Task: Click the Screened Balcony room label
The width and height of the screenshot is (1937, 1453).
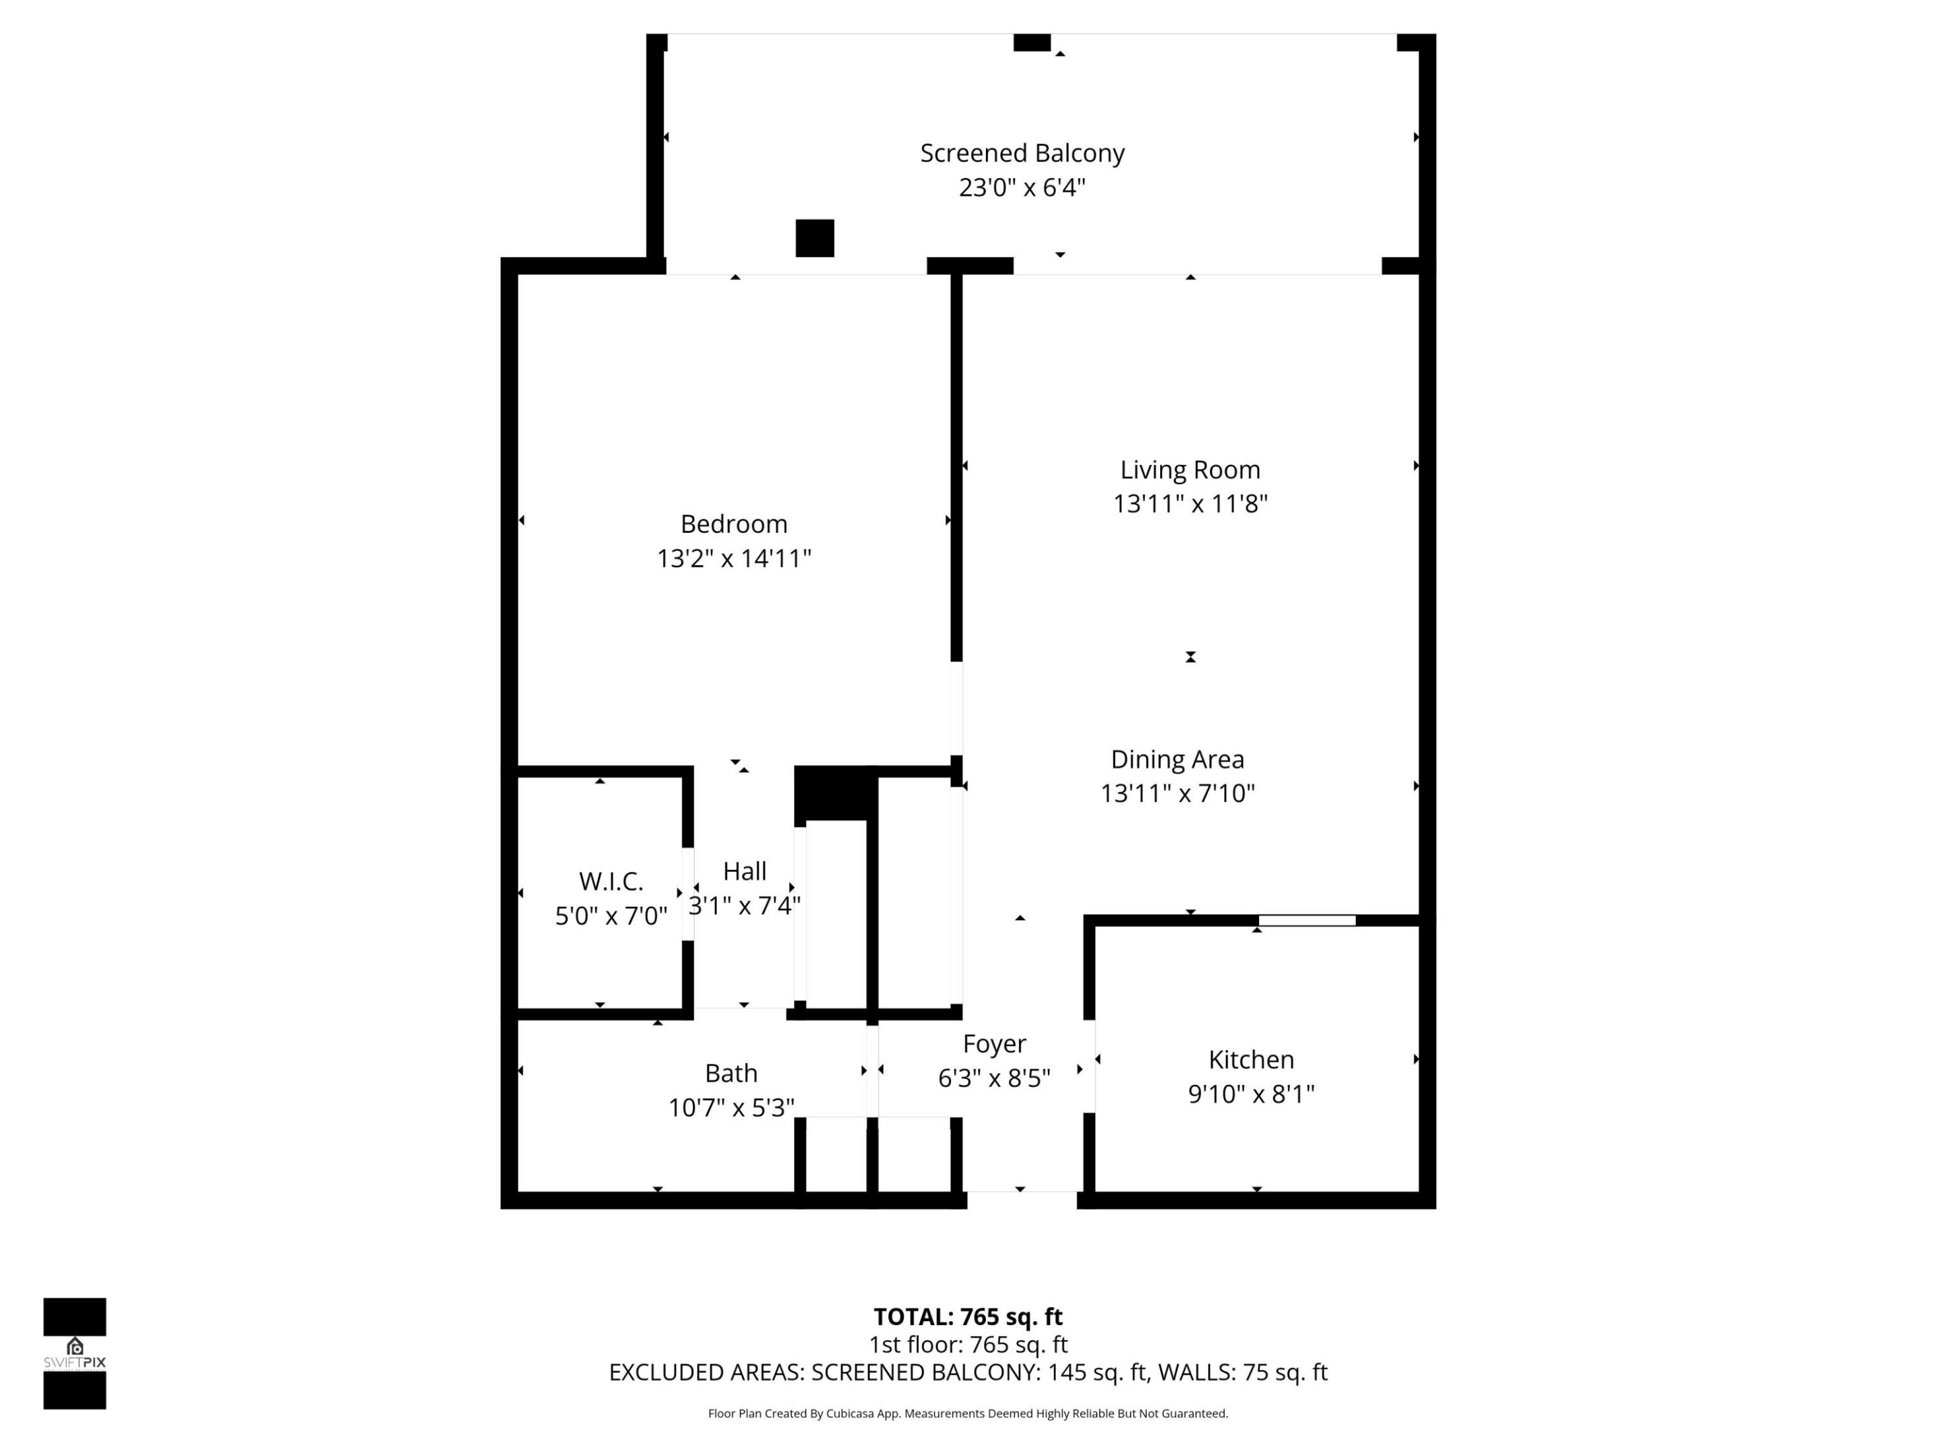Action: click(1022, 153)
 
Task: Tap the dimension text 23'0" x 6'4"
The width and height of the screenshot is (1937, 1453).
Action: click(1022, 188)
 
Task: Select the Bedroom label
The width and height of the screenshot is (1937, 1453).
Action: click(734, 524)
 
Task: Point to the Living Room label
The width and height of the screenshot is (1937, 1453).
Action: click(1190, 470)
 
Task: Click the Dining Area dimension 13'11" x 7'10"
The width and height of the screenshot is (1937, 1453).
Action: click(1177, 794)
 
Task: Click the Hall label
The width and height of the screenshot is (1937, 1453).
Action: click(745, 871)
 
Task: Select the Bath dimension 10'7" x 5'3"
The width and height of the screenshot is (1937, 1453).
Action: click(731, 1108)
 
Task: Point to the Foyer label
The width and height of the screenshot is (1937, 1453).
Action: click(994, 1044)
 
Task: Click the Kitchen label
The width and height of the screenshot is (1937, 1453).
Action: click(1250, 1059)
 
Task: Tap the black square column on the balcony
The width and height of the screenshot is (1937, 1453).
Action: click(814, 238)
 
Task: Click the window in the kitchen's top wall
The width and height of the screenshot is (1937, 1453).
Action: click(1307, 920)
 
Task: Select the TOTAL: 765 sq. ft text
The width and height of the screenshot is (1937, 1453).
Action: click(968, 1316)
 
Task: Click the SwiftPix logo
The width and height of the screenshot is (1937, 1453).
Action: click(75, 1353)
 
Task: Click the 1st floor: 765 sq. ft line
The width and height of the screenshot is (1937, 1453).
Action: click(968, 1345)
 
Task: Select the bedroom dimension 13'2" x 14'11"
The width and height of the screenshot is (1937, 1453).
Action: click(734, 559)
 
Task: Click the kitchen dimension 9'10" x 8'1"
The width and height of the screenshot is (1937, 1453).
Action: click(1250, 1094)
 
